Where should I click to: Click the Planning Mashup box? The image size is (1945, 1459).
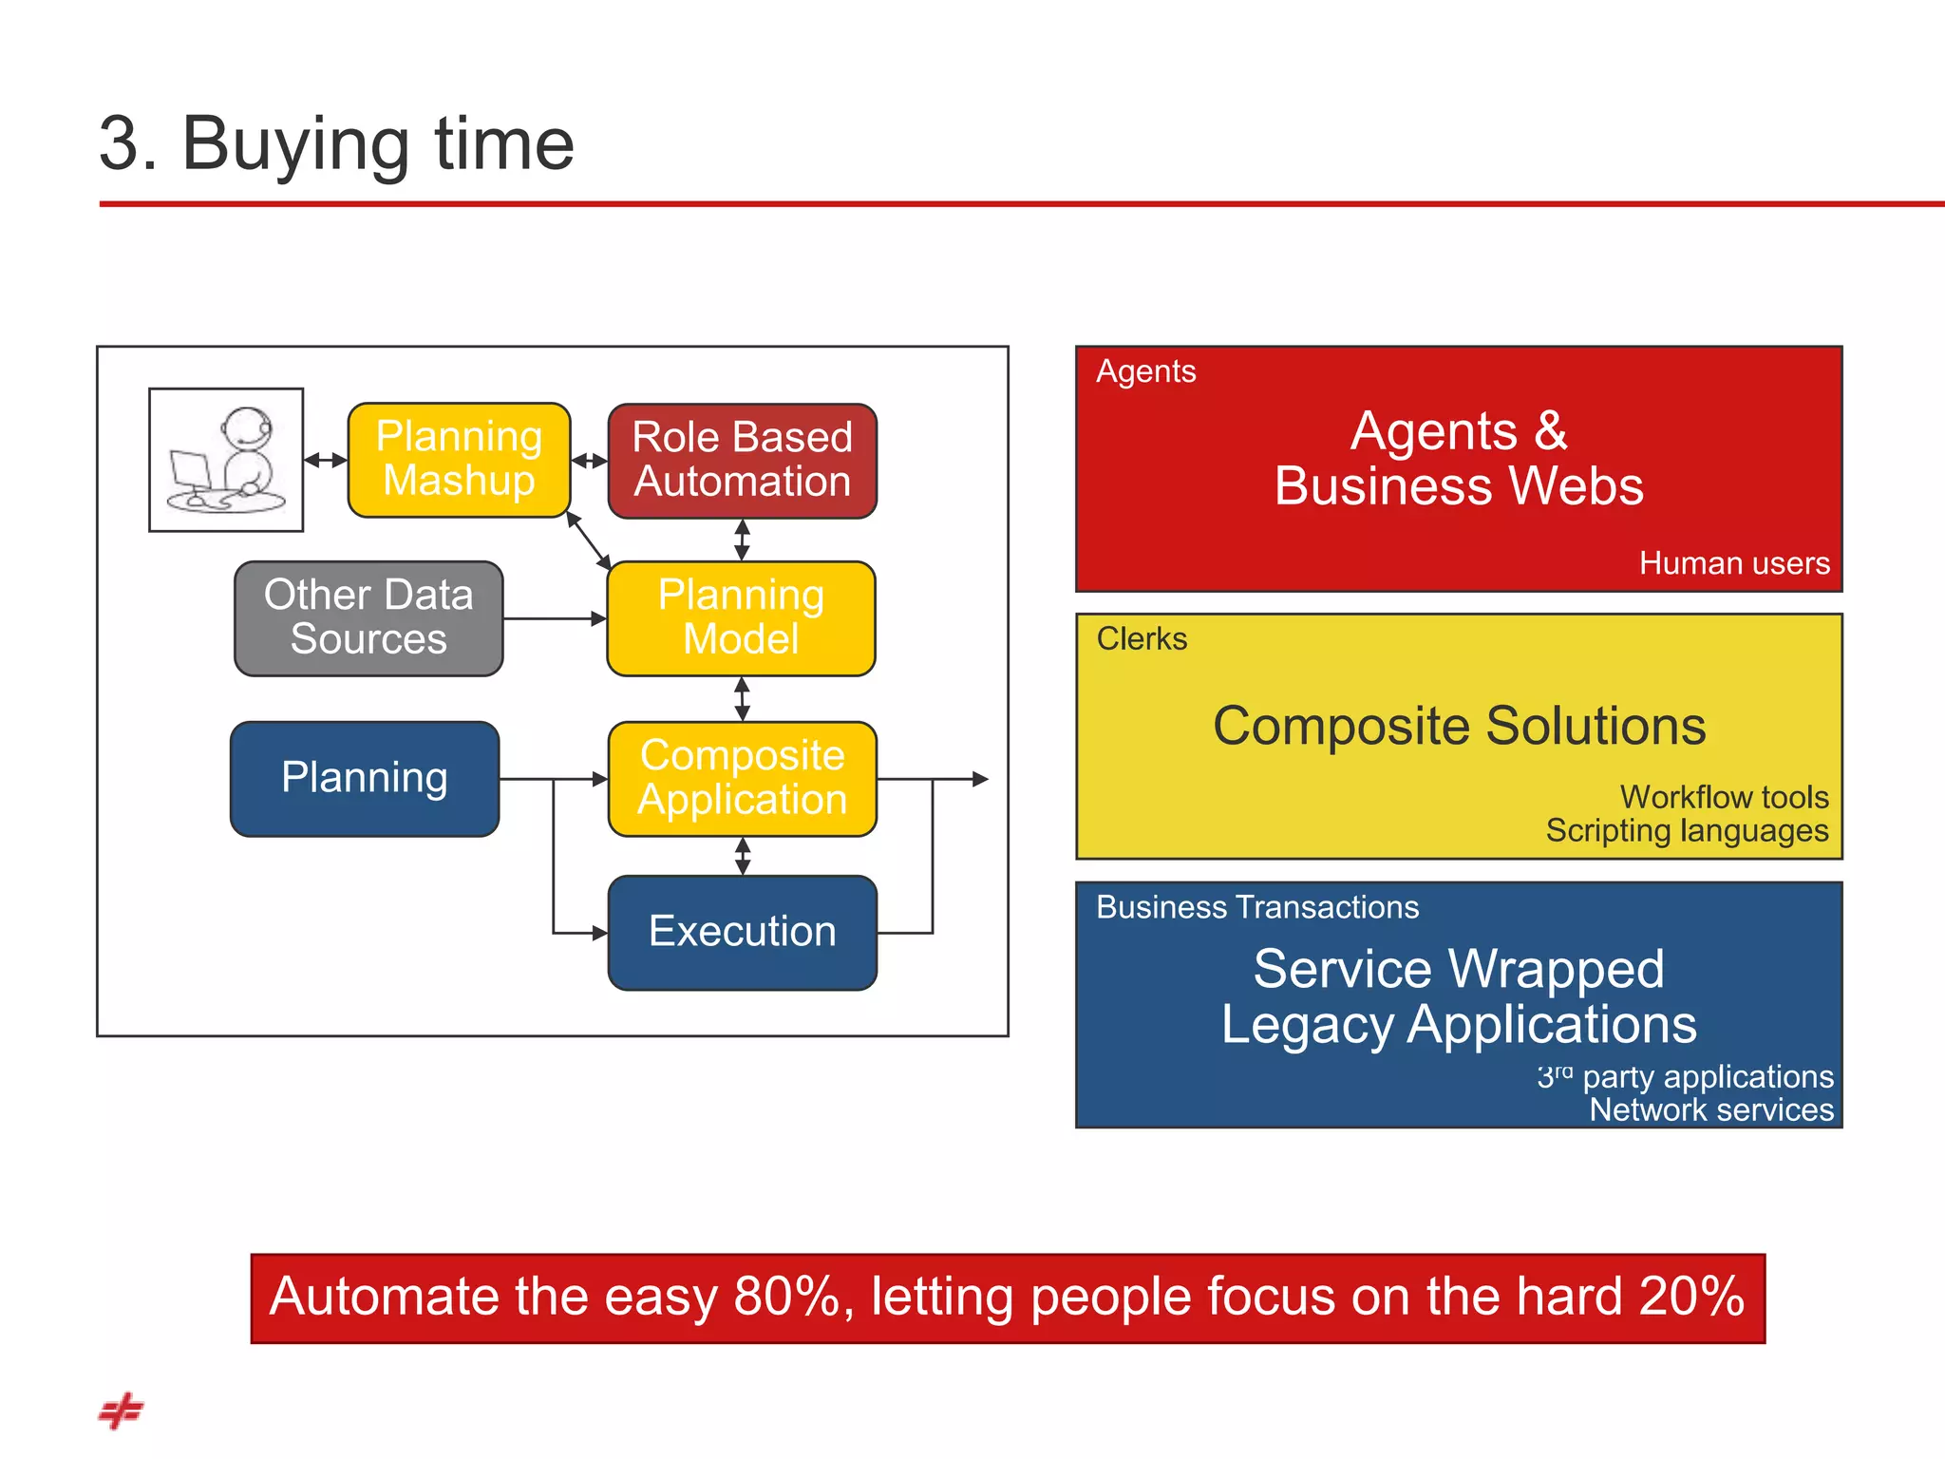tap(459, 460)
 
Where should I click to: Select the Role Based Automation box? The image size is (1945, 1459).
tap(742, 461)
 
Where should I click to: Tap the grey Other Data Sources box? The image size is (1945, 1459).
tap(368, 617)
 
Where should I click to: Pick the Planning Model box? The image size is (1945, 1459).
tap(741, 617)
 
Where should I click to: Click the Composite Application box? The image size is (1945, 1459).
tap(742, 778)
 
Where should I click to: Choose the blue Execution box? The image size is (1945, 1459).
tap(742, 932)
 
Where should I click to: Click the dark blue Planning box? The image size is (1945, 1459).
tap(365, 778)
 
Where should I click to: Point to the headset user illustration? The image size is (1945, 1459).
tap(226, 460)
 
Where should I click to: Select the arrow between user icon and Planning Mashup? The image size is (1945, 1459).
tap(326, 461)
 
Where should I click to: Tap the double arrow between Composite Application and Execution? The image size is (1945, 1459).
tap(743, 856)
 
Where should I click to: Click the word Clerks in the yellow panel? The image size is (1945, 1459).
tap(1142, 639)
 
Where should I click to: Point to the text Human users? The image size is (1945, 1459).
tap(1733, 563)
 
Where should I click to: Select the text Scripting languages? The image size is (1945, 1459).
tap(1687, 831)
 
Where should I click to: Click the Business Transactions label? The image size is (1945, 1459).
tap(1256, 907)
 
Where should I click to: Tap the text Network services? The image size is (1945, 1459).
tap(1711, 1110)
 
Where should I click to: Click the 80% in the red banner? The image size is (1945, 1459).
tap(786, 1297)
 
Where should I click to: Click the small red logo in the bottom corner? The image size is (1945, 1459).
tap(121, 1411)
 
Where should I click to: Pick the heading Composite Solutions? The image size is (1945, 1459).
tap(1459, 727)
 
